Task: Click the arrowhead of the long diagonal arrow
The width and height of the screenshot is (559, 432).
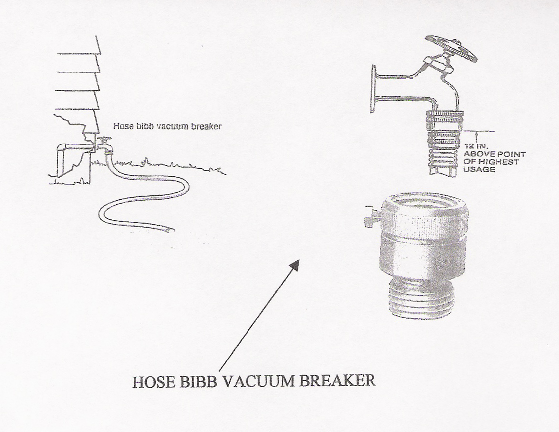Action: click(295, 264)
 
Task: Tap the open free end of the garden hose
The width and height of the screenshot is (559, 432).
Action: click(171, 230)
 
